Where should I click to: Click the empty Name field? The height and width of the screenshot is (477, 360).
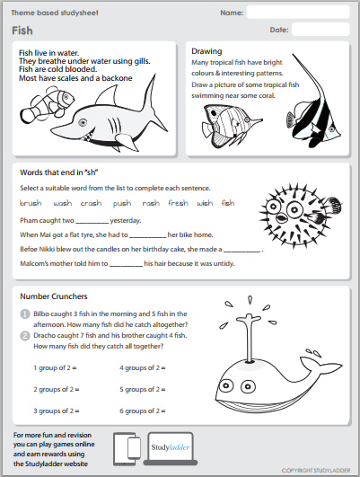(297, 12)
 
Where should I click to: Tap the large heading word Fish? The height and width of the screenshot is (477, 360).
(23, 31)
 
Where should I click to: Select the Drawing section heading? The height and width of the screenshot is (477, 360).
(207, 52)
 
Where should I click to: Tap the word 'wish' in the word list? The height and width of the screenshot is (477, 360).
(205, 203)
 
